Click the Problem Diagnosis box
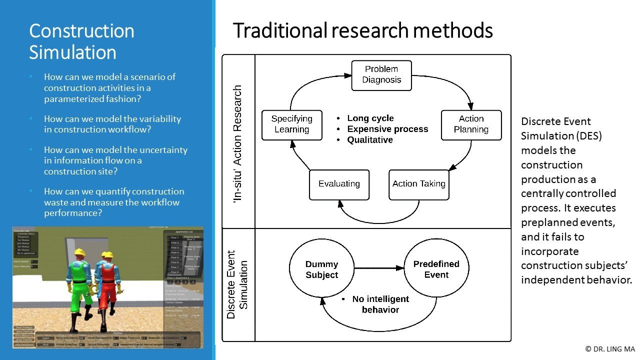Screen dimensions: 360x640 click(x=381, y=75)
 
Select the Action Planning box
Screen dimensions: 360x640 click(x=471, y=124)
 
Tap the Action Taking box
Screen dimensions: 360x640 click(x=418, y=184)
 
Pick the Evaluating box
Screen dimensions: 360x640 click(x=339, y=184)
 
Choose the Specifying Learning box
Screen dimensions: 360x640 click(x=291, y=124)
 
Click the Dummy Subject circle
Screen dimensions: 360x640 click(x=321, y=269)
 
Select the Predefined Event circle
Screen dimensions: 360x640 click(x=436, y=269)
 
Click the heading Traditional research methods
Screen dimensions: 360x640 click(x=362, y=31)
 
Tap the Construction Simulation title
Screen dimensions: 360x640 click(x=81, y=41)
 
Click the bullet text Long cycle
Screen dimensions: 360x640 click(x=370, y=118)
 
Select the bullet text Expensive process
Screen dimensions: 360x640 click(x=387, y=129)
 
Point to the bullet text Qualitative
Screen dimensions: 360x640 click(x=370, y=140)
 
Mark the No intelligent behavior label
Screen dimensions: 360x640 click(x=380, y=304)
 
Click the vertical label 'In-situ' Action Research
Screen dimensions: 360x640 click(x=238, y=143)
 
